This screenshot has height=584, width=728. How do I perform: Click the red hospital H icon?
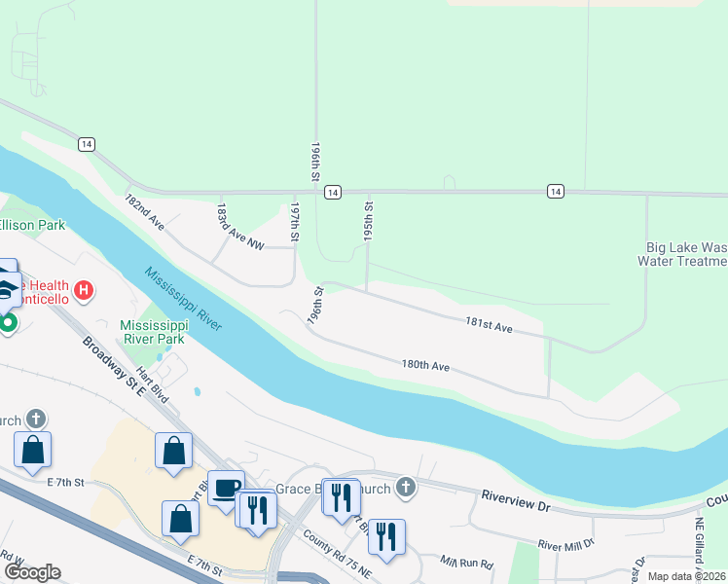pos(85,290)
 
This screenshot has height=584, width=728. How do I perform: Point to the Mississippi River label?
pos(184,299)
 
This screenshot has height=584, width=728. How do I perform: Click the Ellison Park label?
pos(32,225)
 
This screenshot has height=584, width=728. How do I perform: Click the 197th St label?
pos(295,222)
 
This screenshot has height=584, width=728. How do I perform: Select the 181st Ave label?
pos(489,325)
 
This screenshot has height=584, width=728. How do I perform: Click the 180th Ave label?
pos(425,366)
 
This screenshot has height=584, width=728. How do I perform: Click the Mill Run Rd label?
pos(467,563)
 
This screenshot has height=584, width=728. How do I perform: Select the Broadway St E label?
pos(112,365)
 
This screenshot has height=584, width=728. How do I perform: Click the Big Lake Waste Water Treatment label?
pos(682,254)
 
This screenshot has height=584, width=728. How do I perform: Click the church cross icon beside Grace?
pos(405,488)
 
